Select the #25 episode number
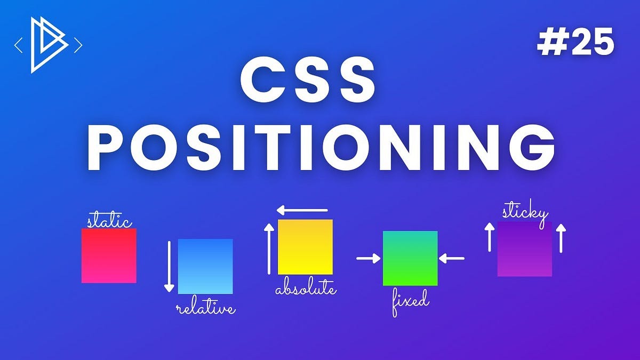coord(575,43)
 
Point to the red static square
coord(109,255)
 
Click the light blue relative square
coord(205,266)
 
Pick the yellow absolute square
coord(305,246)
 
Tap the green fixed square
coord(410,258)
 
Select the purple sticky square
coord(524,249)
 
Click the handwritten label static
coord(109,221)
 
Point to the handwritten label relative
coord(205,308)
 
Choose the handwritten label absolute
coord(306,290)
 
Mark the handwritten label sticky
coord(525,212)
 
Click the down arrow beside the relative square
coord(169,267)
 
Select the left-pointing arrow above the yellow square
coord(302,210)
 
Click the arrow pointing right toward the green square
coord(369,259)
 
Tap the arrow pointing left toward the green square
coord(452,259)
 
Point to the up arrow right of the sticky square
coord(560,238)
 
